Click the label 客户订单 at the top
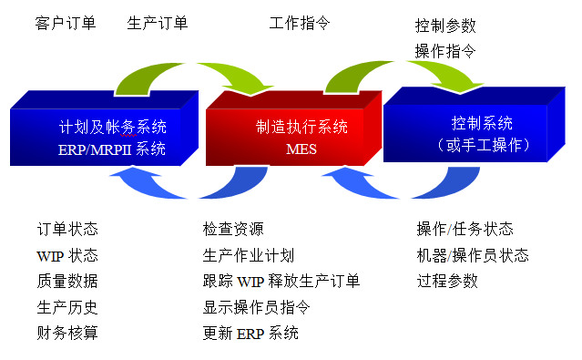click(65, 23)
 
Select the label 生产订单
click(158, 23)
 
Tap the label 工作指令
click(301, 23)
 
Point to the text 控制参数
click(445, 26)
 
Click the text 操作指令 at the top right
click(445, 51)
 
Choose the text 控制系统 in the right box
click(482, 123)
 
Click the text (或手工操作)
click(483, 144)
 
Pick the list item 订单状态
click(67, 229)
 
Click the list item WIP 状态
click(67, 255)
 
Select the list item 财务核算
click(67, 333)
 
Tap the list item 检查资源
click(233, 229)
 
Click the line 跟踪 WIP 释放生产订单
click(281, 281)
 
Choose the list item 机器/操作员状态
click(472, 255)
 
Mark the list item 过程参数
click(446, 281)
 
